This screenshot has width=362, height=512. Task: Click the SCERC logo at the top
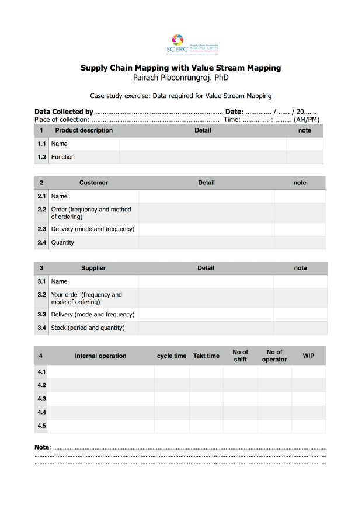pos(180,43)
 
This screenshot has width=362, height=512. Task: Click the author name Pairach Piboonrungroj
pos(180,77)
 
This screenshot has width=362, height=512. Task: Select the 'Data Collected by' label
pos(64,112)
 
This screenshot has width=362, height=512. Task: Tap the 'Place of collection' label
pos(61,120)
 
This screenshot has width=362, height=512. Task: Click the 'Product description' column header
pos(83,130)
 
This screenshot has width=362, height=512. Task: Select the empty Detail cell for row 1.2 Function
pos(203,157)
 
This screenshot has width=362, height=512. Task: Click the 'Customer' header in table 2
pos(93,183)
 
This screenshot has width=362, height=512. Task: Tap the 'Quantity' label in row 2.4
pos(62,242)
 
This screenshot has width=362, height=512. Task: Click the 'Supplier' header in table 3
pos(93,268)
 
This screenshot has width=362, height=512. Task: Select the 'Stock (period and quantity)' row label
pos(88,328)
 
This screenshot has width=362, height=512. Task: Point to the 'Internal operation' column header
pos(100,356)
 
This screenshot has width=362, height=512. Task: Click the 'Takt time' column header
pos(206,356)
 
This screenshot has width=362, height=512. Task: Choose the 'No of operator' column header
pos(274,356)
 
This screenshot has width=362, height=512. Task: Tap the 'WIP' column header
pos(308,356)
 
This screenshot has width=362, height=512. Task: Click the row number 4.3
pos(41,399)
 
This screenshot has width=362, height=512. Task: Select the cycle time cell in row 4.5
pos(172,426)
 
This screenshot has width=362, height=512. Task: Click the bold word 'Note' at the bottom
pos(43,447)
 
